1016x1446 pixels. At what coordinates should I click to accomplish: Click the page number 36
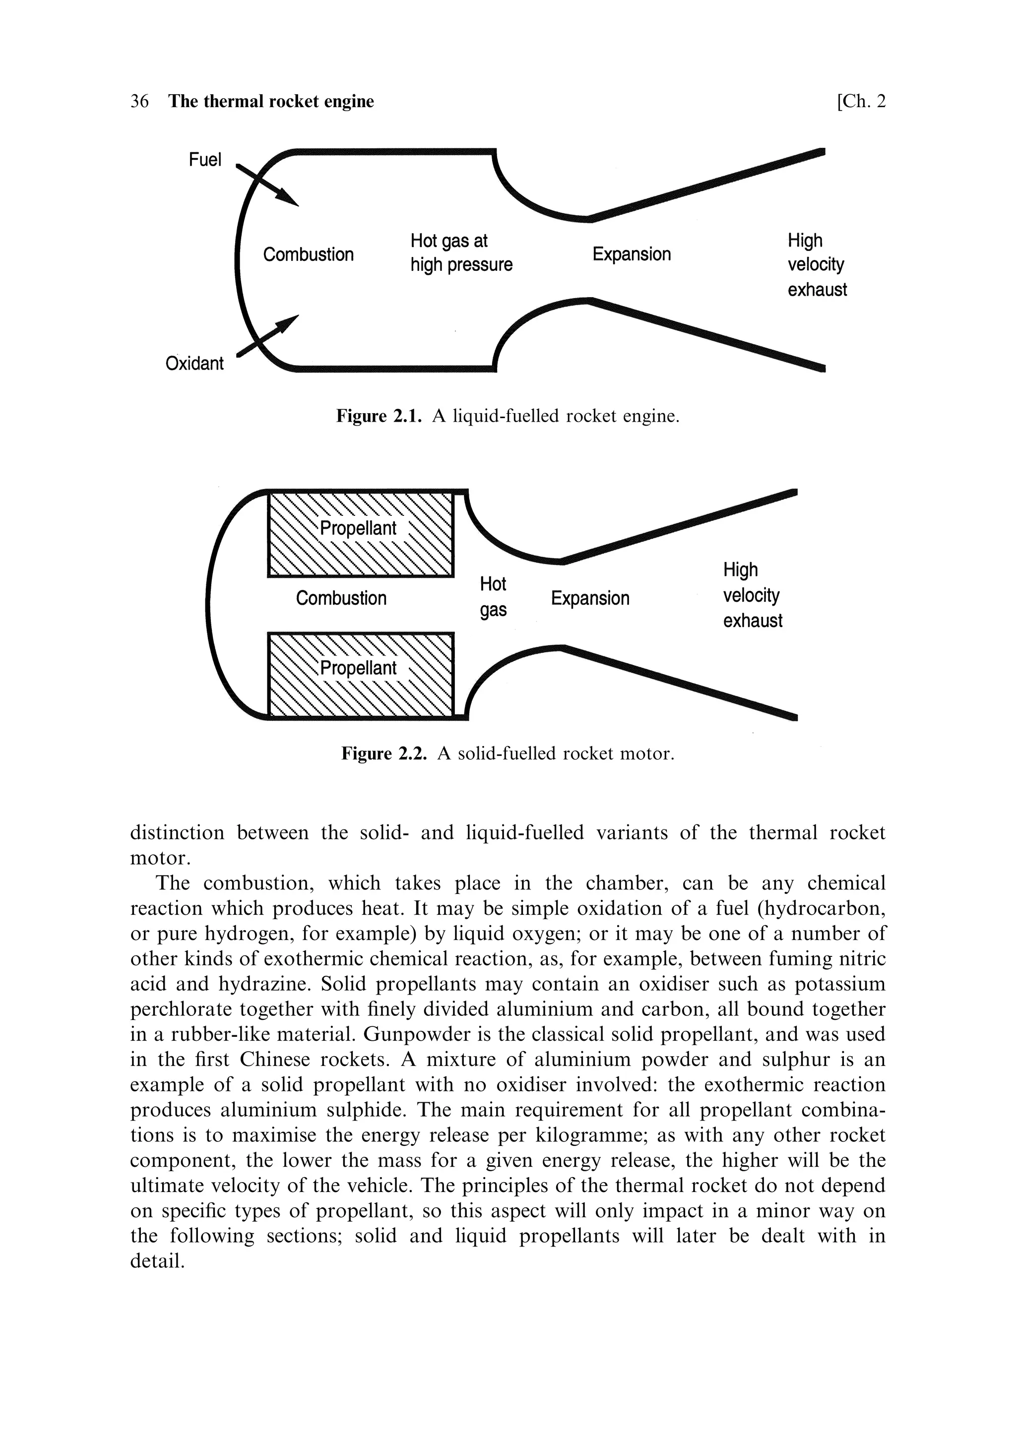[x=139, y=101]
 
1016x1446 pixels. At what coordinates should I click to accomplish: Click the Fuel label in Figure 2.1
[x=205, y=160]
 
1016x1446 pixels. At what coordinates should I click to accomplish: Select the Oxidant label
[x=194, y=364]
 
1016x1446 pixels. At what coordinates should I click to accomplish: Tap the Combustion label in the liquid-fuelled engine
[x=308, y=254]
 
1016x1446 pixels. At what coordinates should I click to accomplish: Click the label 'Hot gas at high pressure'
[x=461, y=252]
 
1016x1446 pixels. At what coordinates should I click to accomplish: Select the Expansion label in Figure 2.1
[x=632, y=254]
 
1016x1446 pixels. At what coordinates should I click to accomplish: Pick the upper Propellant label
[x=358, y=528]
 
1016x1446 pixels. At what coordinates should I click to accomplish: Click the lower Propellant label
[x=358, y=668]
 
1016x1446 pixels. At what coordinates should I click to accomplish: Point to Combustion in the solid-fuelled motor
[x=341, y=598]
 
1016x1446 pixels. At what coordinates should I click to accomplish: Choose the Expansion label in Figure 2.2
[x=589, y=598]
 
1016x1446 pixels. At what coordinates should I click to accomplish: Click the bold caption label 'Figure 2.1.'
[x=379, y=416]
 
